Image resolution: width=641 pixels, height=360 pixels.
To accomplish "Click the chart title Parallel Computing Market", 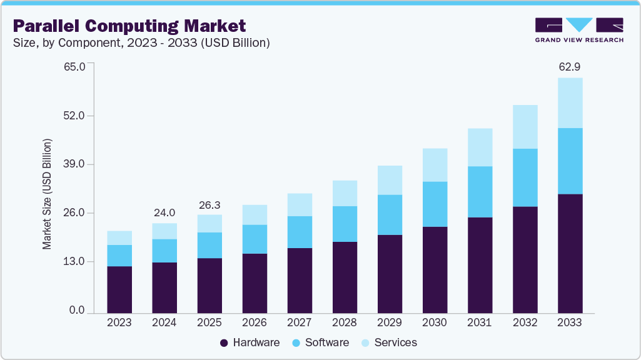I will pyautogui.click(x=129, y=26).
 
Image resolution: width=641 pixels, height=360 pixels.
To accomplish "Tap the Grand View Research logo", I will pyautogui.click(x=579, y=30).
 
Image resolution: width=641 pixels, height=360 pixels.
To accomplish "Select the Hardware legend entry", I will pyautogui.click(x=250, y=342).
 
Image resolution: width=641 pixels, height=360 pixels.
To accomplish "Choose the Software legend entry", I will pyautogui.click(x=320, y=342).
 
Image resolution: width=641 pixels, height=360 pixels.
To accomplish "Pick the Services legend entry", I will pyautogui.click(x=388, y=342).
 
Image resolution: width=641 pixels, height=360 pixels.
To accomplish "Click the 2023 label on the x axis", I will pyautogui.click(x=119, y=322).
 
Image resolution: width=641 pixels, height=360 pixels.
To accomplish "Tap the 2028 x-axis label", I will pyautogui.click(x=345, y=322).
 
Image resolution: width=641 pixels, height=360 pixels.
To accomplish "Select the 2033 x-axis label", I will pyautogui.click(x=570, y=322).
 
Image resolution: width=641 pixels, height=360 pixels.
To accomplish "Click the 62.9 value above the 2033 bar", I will pyautogui.click(x=570, y=66).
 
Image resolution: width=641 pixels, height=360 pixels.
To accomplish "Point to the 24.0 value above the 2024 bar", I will pyautogui.click(x=164, y=212).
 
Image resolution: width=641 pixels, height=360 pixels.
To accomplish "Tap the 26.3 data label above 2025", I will pyautogui.click(x=209, y=204).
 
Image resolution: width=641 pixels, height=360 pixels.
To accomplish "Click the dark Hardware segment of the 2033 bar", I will pyautogui.click(x=570, y=253).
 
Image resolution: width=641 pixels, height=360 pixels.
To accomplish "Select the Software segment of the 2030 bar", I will pyautogui.click(x=435, y=204).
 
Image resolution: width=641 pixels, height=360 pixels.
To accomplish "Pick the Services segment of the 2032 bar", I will pyautogui.click(x=525, y=127).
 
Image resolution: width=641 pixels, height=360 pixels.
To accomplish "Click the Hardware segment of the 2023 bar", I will pyautogui.click(x=119, y=289).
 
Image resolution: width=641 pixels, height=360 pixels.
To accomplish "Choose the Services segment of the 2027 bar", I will pyautogui.click(x=300, y=205).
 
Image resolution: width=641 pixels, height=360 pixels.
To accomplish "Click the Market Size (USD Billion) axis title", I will pyautogui.click(x=48, y=194).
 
